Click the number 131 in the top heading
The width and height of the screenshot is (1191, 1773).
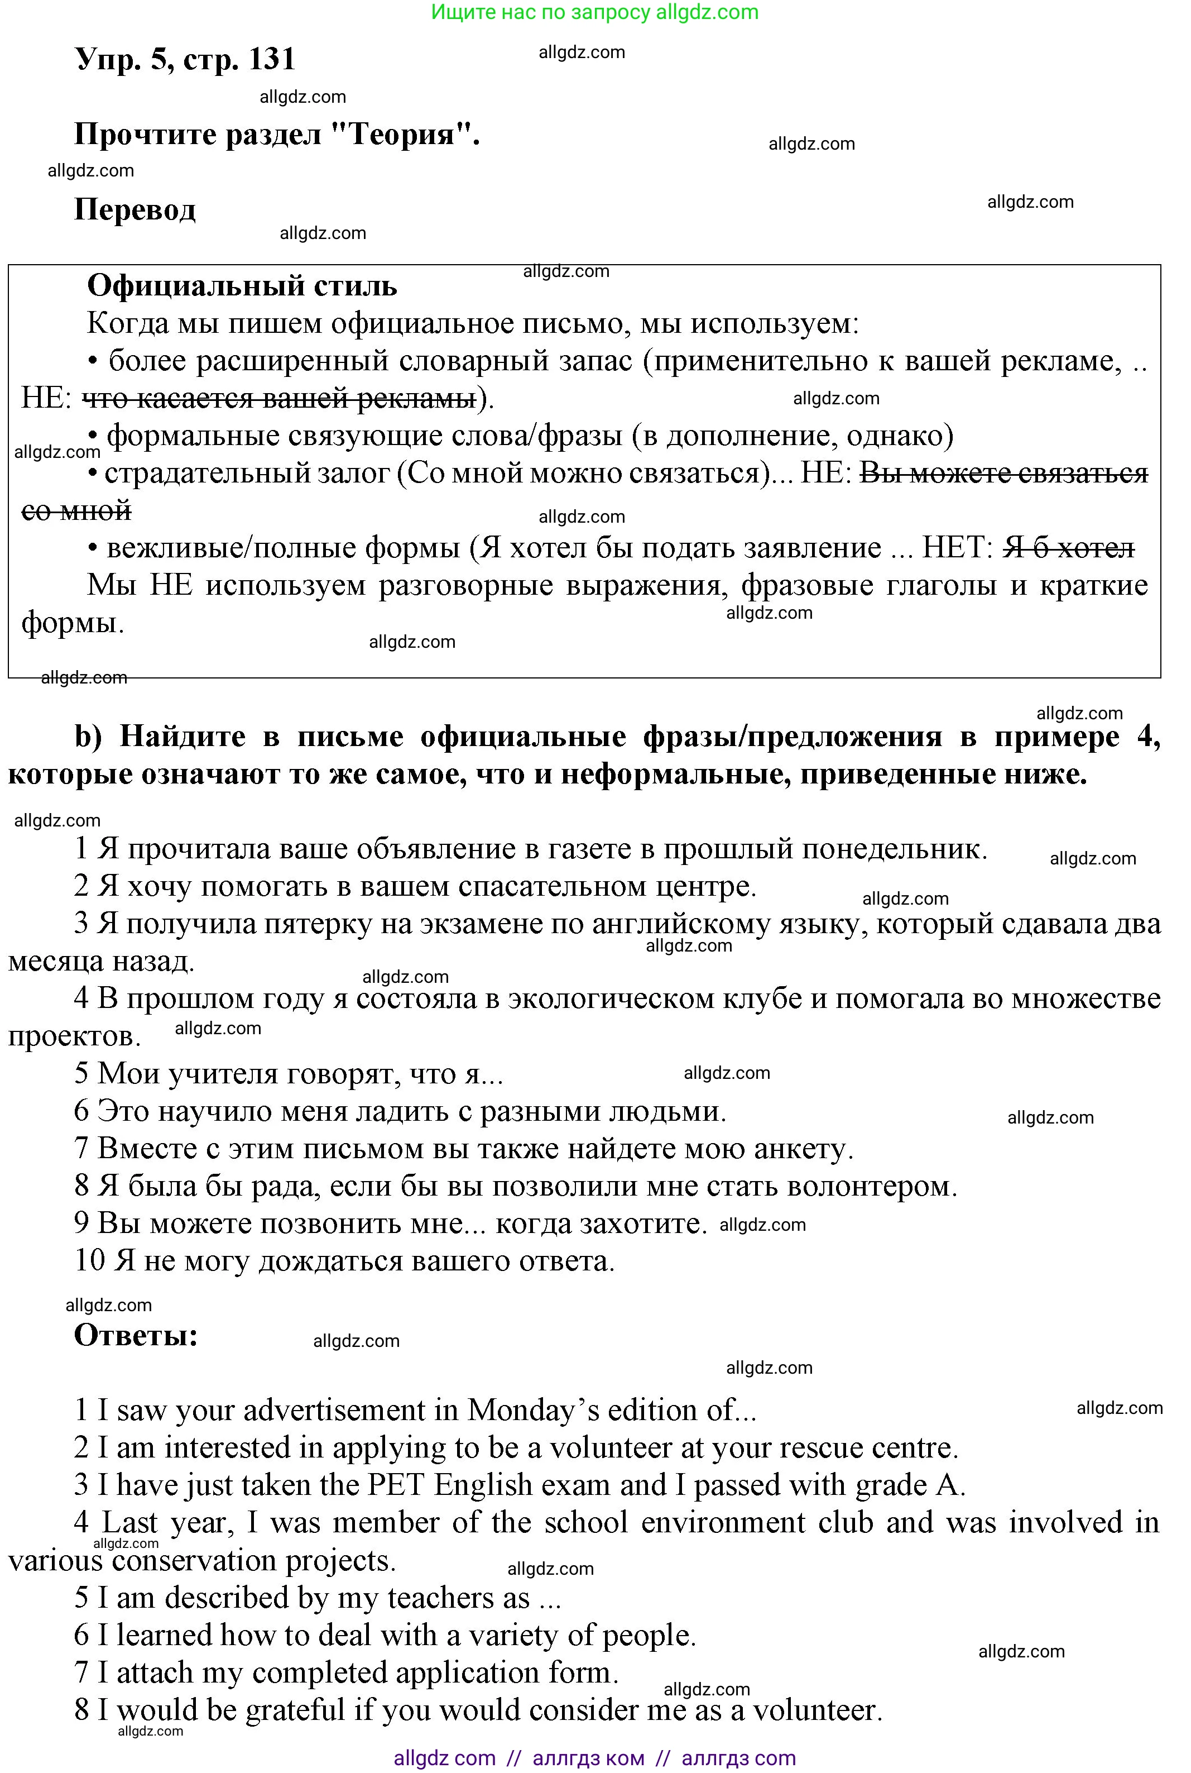(271, 59)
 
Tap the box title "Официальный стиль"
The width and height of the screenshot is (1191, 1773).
(242, 286)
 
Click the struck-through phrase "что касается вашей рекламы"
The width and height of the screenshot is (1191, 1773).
(278, 398)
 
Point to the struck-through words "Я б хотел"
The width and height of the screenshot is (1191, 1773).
(1069, 548)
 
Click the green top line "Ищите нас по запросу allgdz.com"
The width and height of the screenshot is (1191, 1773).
(595, 12)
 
